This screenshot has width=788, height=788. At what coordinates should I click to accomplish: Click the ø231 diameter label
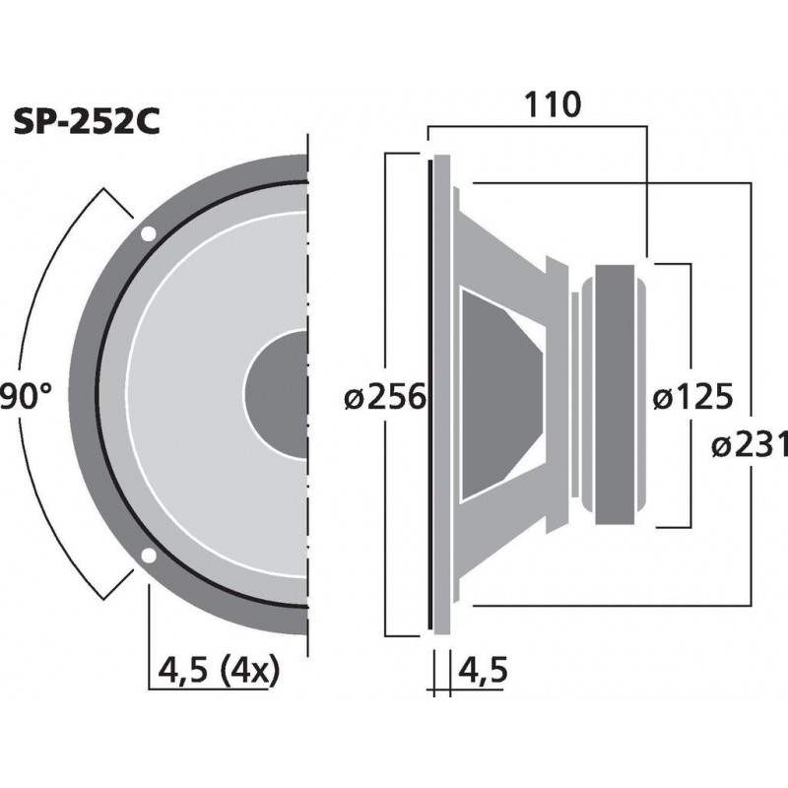pyautogui.click(x=749, y=445)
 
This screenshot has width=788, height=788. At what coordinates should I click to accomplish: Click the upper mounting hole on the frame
pyautogui.click(x=148, y=234)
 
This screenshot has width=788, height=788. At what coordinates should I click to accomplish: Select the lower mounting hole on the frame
pyautogui.click(x=148, y=557)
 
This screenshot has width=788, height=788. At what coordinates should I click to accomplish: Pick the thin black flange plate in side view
pyautogui.click(x=430, y=394)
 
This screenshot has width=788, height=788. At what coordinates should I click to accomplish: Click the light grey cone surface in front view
pyautogui.click(x=197, y=394)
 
